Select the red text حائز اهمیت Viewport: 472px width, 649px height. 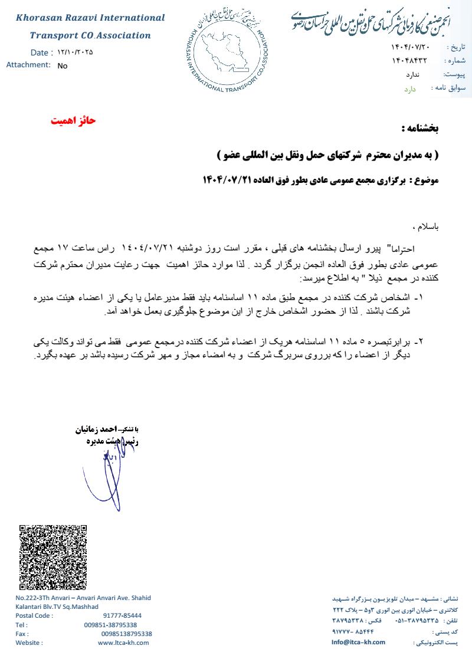[x=72, y=121]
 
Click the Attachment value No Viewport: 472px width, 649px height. [x=63, y=66]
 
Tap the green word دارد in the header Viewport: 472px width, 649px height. [x=410, y=89]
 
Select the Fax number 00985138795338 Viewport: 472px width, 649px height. [x=126, y=634]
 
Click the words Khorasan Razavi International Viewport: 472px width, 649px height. [x=90, y=18]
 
